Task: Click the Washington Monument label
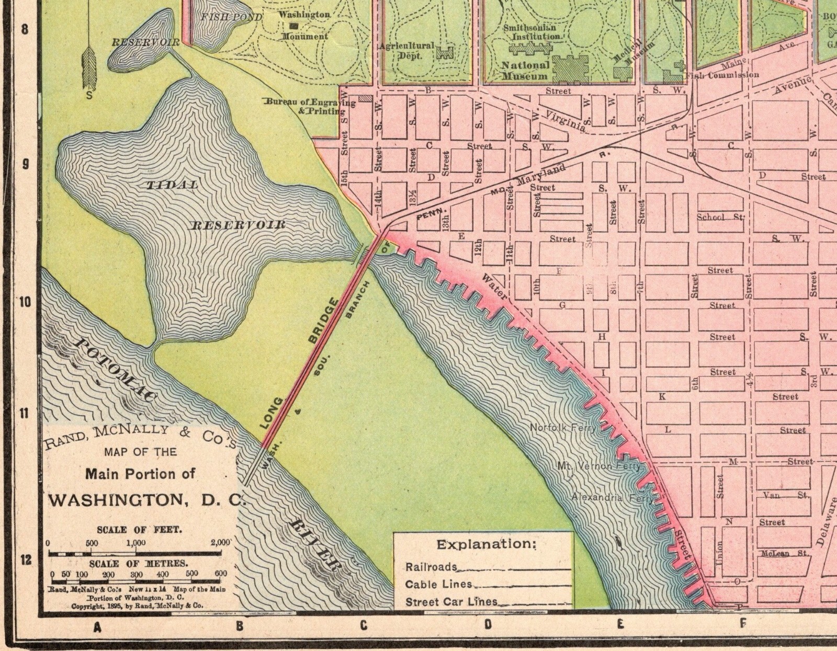[x=304, y=25]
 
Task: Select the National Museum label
[x=525, y=71]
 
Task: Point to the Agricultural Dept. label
[x=406, y=50]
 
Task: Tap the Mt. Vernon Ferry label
[x=598, y=465]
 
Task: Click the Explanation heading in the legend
[x=487, y=544]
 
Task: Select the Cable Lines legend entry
[x=438, y=584]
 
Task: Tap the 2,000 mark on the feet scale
[x=220, y=542]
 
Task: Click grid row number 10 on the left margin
[x=25, y=302]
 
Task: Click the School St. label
[x=720, y=217]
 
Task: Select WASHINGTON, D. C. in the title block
[x=146, y=499]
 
